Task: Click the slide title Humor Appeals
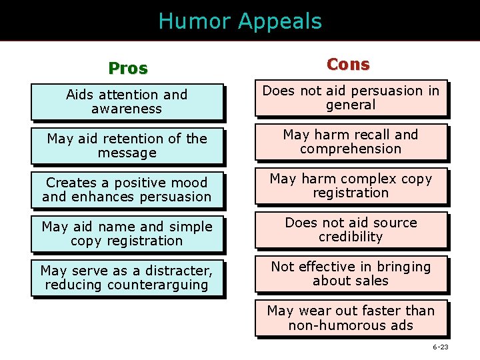point(240,21)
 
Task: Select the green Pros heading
point(128,69)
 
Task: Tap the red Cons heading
point(348,64)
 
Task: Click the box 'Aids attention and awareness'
point(127,102)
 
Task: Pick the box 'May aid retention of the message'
point(127,146)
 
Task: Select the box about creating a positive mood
point(127,190)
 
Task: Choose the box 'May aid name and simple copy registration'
point(127,234)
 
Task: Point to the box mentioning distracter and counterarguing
point(127,278)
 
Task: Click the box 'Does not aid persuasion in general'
point(351,98)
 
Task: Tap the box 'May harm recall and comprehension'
point(351,142)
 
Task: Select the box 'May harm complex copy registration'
point(351,186)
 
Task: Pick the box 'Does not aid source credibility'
point(351,230)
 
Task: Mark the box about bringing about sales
point(351,274)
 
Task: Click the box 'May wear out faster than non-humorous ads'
point(351,318)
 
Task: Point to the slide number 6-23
point(440,347)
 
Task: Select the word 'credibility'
point(351,237)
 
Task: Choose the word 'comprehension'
point(351,149)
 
